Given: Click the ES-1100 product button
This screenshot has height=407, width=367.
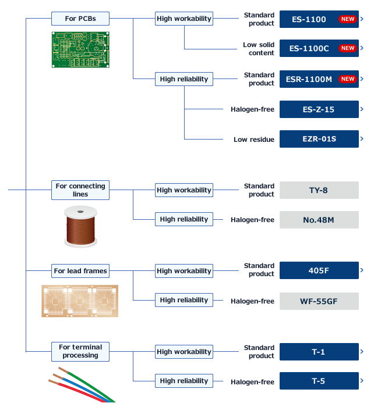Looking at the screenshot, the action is [319, 19].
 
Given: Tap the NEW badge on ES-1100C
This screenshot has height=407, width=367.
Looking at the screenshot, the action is [348, 48].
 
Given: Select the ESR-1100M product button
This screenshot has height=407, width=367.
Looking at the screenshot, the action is [319, 79].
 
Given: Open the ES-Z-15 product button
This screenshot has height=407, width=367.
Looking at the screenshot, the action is [319, 109].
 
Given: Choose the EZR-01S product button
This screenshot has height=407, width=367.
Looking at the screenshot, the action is [319, 139].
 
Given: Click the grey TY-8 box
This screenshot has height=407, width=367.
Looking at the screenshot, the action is [319, 190].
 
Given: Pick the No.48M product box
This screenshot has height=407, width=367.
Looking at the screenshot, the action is [319, 220].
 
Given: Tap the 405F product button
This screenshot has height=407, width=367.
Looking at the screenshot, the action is [319, 270].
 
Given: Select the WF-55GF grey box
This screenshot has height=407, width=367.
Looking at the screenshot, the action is [319, 301].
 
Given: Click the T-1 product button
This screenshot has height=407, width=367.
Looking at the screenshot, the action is [319, 352].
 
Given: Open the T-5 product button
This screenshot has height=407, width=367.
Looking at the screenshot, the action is [319, 381].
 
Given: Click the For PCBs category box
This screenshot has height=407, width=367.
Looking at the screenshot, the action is [80, 19].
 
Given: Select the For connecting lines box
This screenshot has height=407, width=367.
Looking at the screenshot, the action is [80, 190].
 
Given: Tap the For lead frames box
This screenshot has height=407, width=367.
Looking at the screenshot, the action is [80, 271].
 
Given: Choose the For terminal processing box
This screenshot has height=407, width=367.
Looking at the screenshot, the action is [80, 351].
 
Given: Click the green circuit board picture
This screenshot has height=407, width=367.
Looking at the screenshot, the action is [80, 49].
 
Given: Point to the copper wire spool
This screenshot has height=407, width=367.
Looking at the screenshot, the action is [80, 226].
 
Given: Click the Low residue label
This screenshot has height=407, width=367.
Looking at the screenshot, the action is [254, 140].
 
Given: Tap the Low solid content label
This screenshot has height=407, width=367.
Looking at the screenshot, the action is [259, 49].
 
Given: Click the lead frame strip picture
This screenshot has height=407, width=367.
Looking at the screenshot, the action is [80, 301].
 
